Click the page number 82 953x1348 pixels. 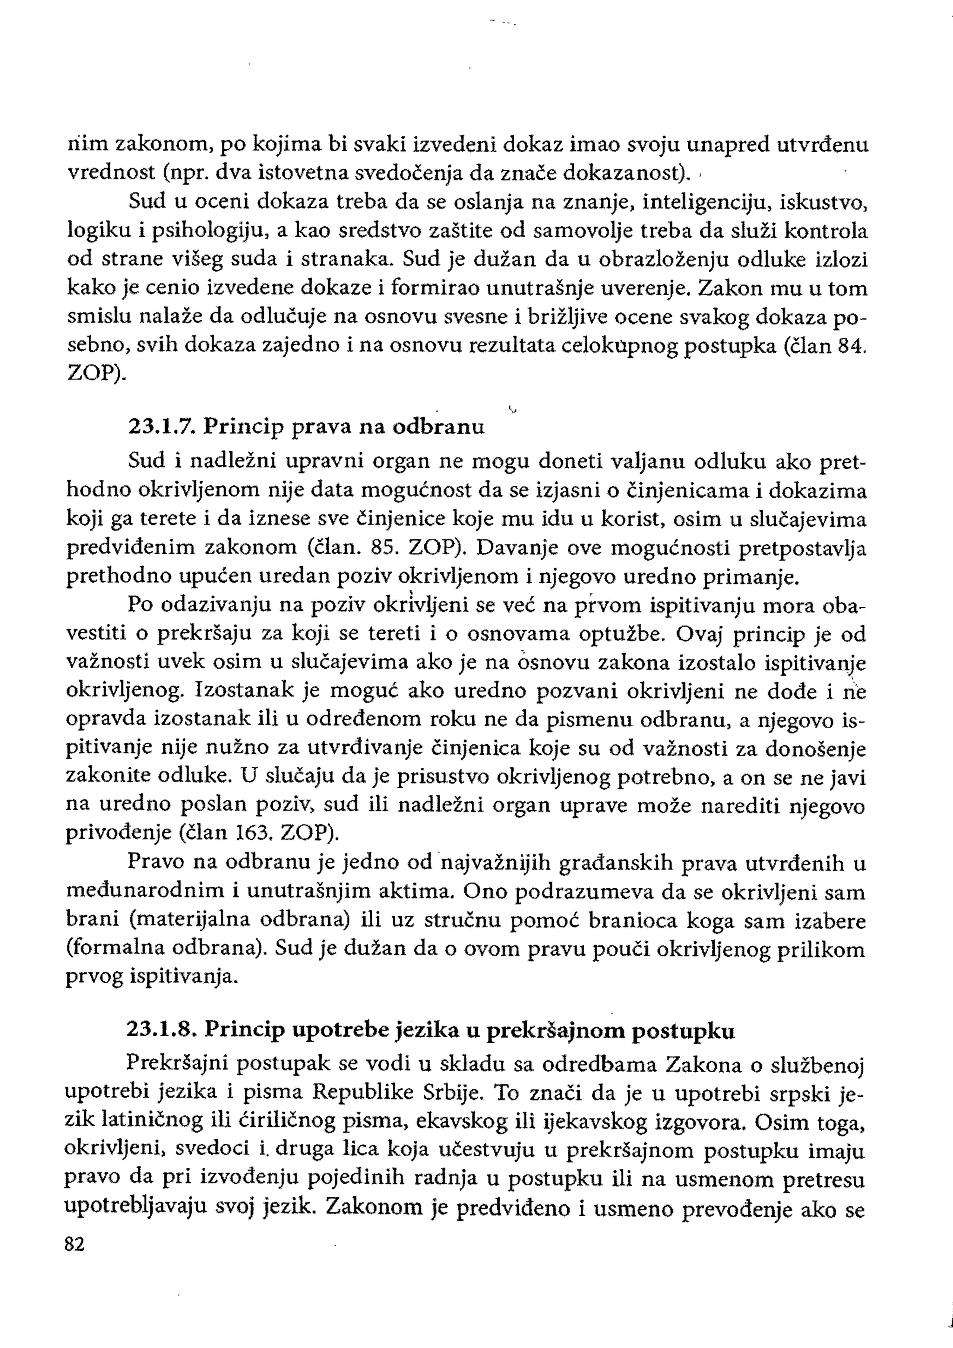pyautogui.click(x=75, y=1261)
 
